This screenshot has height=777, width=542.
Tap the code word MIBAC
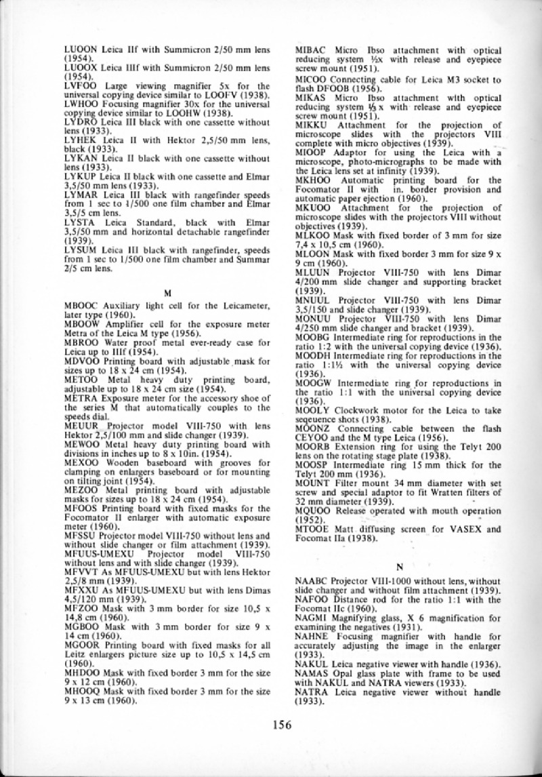(x=312, y=51)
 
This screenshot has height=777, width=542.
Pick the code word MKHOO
(x=314, y=180)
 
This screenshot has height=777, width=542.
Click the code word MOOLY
(x=314, y=410)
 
